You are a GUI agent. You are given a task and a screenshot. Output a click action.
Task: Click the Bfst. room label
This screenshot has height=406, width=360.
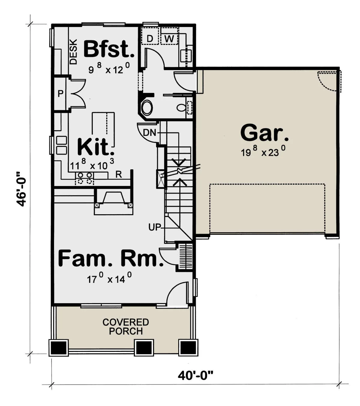click(x=109, y=49)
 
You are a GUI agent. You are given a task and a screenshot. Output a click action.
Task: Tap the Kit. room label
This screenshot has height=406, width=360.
click(x=95, y=147)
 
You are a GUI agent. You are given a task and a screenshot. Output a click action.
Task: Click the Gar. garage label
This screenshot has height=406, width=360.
click(x=264, y=132)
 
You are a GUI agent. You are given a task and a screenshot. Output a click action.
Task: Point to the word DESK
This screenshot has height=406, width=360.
click(x=73, y=52)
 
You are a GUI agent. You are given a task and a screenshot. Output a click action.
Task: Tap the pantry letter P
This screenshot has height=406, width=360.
click(x=60, y=93)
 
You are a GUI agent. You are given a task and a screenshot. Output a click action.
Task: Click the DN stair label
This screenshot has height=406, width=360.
click(x=149, y=133)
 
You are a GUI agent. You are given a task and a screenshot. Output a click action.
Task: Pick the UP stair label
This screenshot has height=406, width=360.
click(x=154, y=227)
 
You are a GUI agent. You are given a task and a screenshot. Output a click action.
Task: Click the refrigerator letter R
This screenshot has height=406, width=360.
click(x=118, y=175)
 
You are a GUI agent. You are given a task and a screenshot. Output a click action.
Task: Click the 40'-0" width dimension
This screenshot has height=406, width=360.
click(x=196, y=375)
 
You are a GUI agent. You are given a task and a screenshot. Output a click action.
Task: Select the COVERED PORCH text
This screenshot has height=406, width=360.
click(x=126, y=327)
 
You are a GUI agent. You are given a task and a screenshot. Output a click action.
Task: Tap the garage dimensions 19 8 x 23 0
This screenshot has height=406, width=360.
click(x=263, y=151)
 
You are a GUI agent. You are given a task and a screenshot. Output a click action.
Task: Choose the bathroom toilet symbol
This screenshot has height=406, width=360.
click(x=182, y=108)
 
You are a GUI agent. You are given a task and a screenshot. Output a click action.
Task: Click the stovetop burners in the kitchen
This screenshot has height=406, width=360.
click(x=85, y=178)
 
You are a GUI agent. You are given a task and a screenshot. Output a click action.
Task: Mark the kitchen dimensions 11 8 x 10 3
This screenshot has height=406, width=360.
click(x=92, y=164)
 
